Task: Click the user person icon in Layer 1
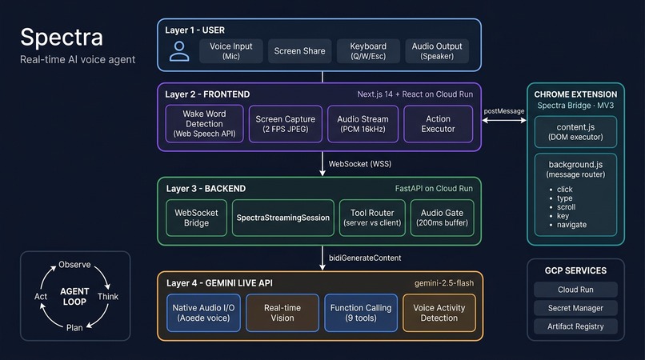(179, 51)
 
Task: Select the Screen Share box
(299, 51)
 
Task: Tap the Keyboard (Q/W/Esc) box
(368, 51)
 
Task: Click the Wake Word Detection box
(204, 124)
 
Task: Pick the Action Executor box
(438, 124)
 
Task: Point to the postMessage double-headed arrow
(504, 121)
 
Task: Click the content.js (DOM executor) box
(575, 132)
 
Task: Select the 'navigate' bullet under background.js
(571, 225)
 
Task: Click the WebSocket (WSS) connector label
(360, 164)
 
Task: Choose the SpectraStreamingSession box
(283, 218)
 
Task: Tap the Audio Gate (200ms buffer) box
(443, 218)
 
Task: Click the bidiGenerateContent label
(365, 258)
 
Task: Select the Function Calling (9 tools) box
(361, 313)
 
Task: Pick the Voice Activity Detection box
(439, 313)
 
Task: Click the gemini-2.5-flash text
(444, 283)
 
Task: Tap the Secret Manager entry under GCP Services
(575, 308)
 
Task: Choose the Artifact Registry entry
(575, 326)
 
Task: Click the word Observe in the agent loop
(74, 265)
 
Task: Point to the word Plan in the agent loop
(74, 327)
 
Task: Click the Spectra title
(62, 38)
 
